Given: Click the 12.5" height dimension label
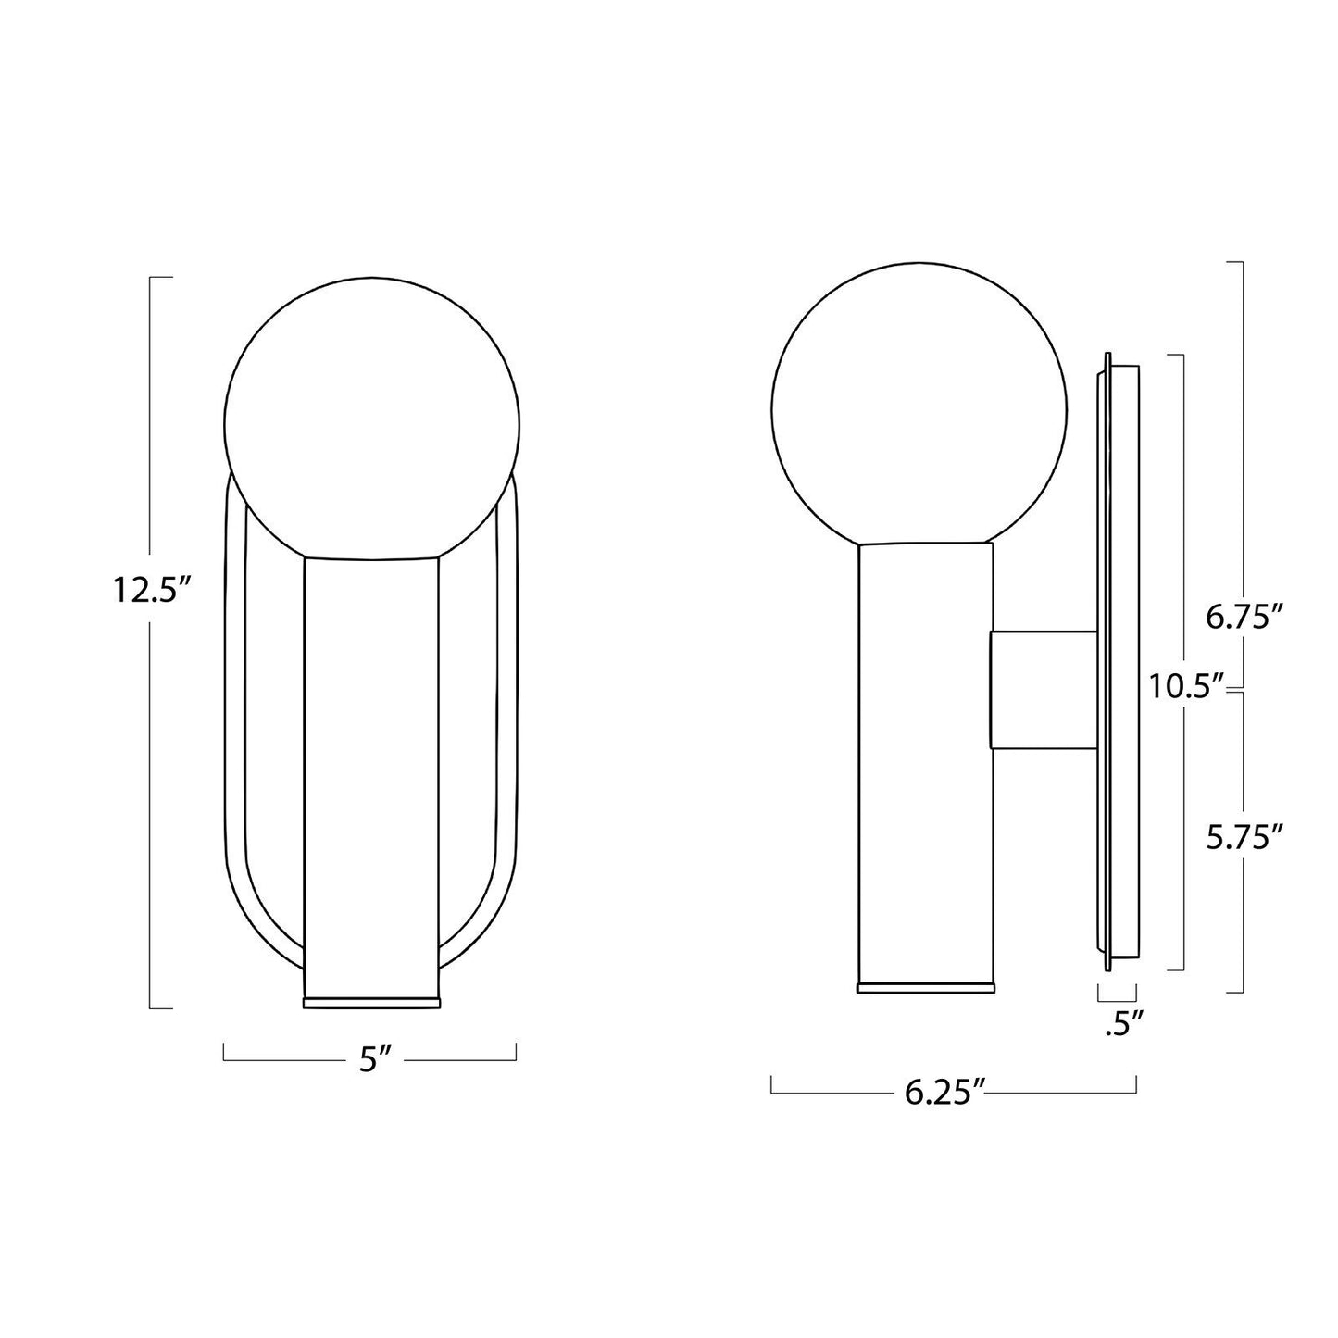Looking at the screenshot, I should [152, 589].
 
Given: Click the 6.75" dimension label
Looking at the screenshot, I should [1243, 617].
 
